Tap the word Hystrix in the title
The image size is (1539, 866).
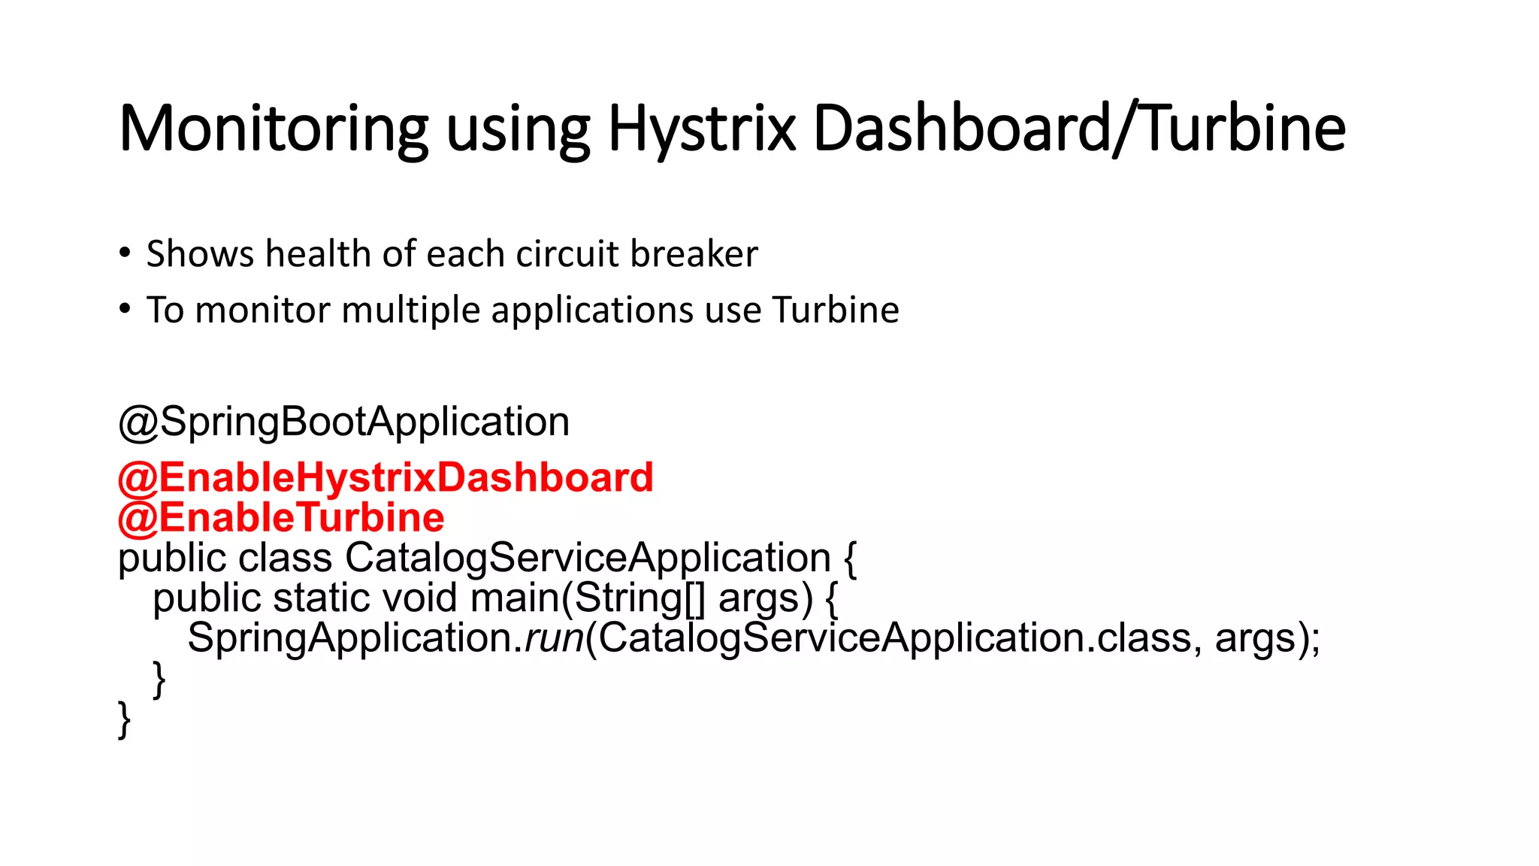pyautogui.click(x=701, y=129)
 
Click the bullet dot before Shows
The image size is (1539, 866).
pyautogui.click(x=125, y=253)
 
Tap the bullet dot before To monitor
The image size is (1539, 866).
pyautogui.click(x=125, y=308)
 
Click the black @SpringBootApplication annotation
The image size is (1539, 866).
pyautogui.click(x=343, y=422)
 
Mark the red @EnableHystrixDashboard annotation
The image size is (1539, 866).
pyautogui.click(x=386, y=478)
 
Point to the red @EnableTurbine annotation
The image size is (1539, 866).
pyautogui.click(x=281, y=518)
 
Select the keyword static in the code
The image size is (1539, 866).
pyautogui.click(x=321, y=598)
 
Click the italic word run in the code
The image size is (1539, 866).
pyautogui.click(x=554, y=638)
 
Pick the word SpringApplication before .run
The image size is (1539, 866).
pyautogui.click(x=349, y=638)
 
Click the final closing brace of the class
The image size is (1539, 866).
pyautogui.click(x=125, y=719)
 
